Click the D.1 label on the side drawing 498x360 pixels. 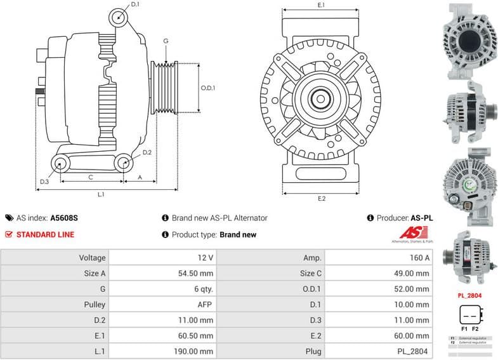(x=134, y=4)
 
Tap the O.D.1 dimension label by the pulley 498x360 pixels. (x=207, y=88)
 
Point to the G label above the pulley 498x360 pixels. (x=165, y=41)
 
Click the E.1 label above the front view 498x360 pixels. (x=321, y=5)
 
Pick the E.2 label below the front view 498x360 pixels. (x=321, y=199)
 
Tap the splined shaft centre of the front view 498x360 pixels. (x=321, y=100)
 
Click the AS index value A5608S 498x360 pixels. (x=64, y=218)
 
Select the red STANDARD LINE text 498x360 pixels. (x=45, y=234)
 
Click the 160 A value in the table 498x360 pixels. (x=418, y=258)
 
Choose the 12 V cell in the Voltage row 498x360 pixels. (x=204, y=258)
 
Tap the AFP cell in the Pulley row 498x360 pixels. (x=204, y=305)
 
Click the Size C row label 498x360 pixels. (x=311, y=273)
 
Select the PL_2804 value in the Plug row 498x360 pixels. (x=414, y=351)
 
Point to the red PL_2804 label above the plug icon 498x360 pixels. (x=470, y=296)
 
